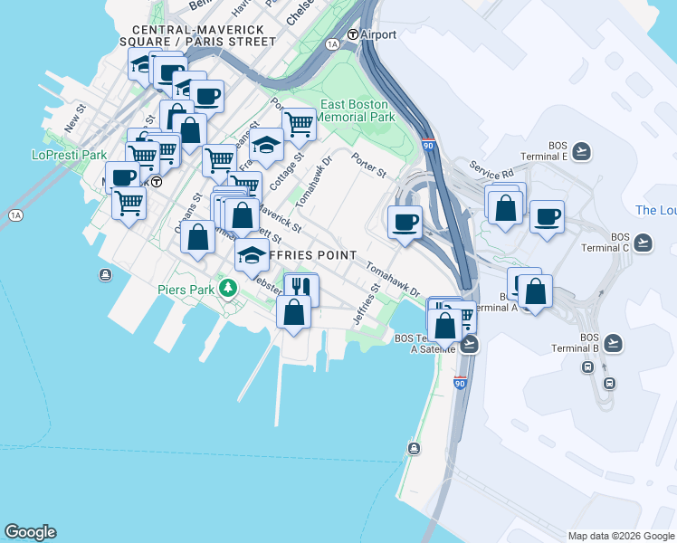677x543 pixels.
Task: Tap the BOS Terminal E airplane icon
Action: [x=581, y=151]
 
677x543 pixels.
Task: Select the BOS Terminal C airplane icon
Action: [x=643, y=243]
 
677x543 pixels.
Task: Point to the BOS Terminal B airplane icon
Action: [x=614, y=343]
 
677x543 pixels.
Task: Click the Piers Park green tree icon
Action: [x=230, y=290]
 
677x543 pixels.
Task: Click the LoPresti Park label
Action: [x=70, y=155]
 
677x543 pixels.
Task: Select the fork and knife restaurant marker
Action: [x=300, y=288]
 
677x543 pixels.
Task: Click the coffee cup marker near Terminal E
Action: [x=547, y=217]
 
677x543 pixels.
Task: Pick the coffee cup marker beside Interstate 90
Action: [x=405, y=221]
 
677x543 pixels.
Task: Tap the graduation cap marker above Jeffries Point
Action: [x=252, y=255]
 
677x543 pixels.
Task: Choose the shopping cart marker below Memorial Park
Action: [x=298, y=124]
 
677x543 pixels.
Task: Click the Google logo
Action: [x=31, y=532]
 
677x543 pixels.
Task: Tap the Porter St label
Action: [x=369, y=168]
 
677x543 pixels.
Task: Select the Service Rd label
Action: [x=491, y=168]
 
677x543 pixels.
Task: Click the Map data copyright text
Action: [x=619, y=536]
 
